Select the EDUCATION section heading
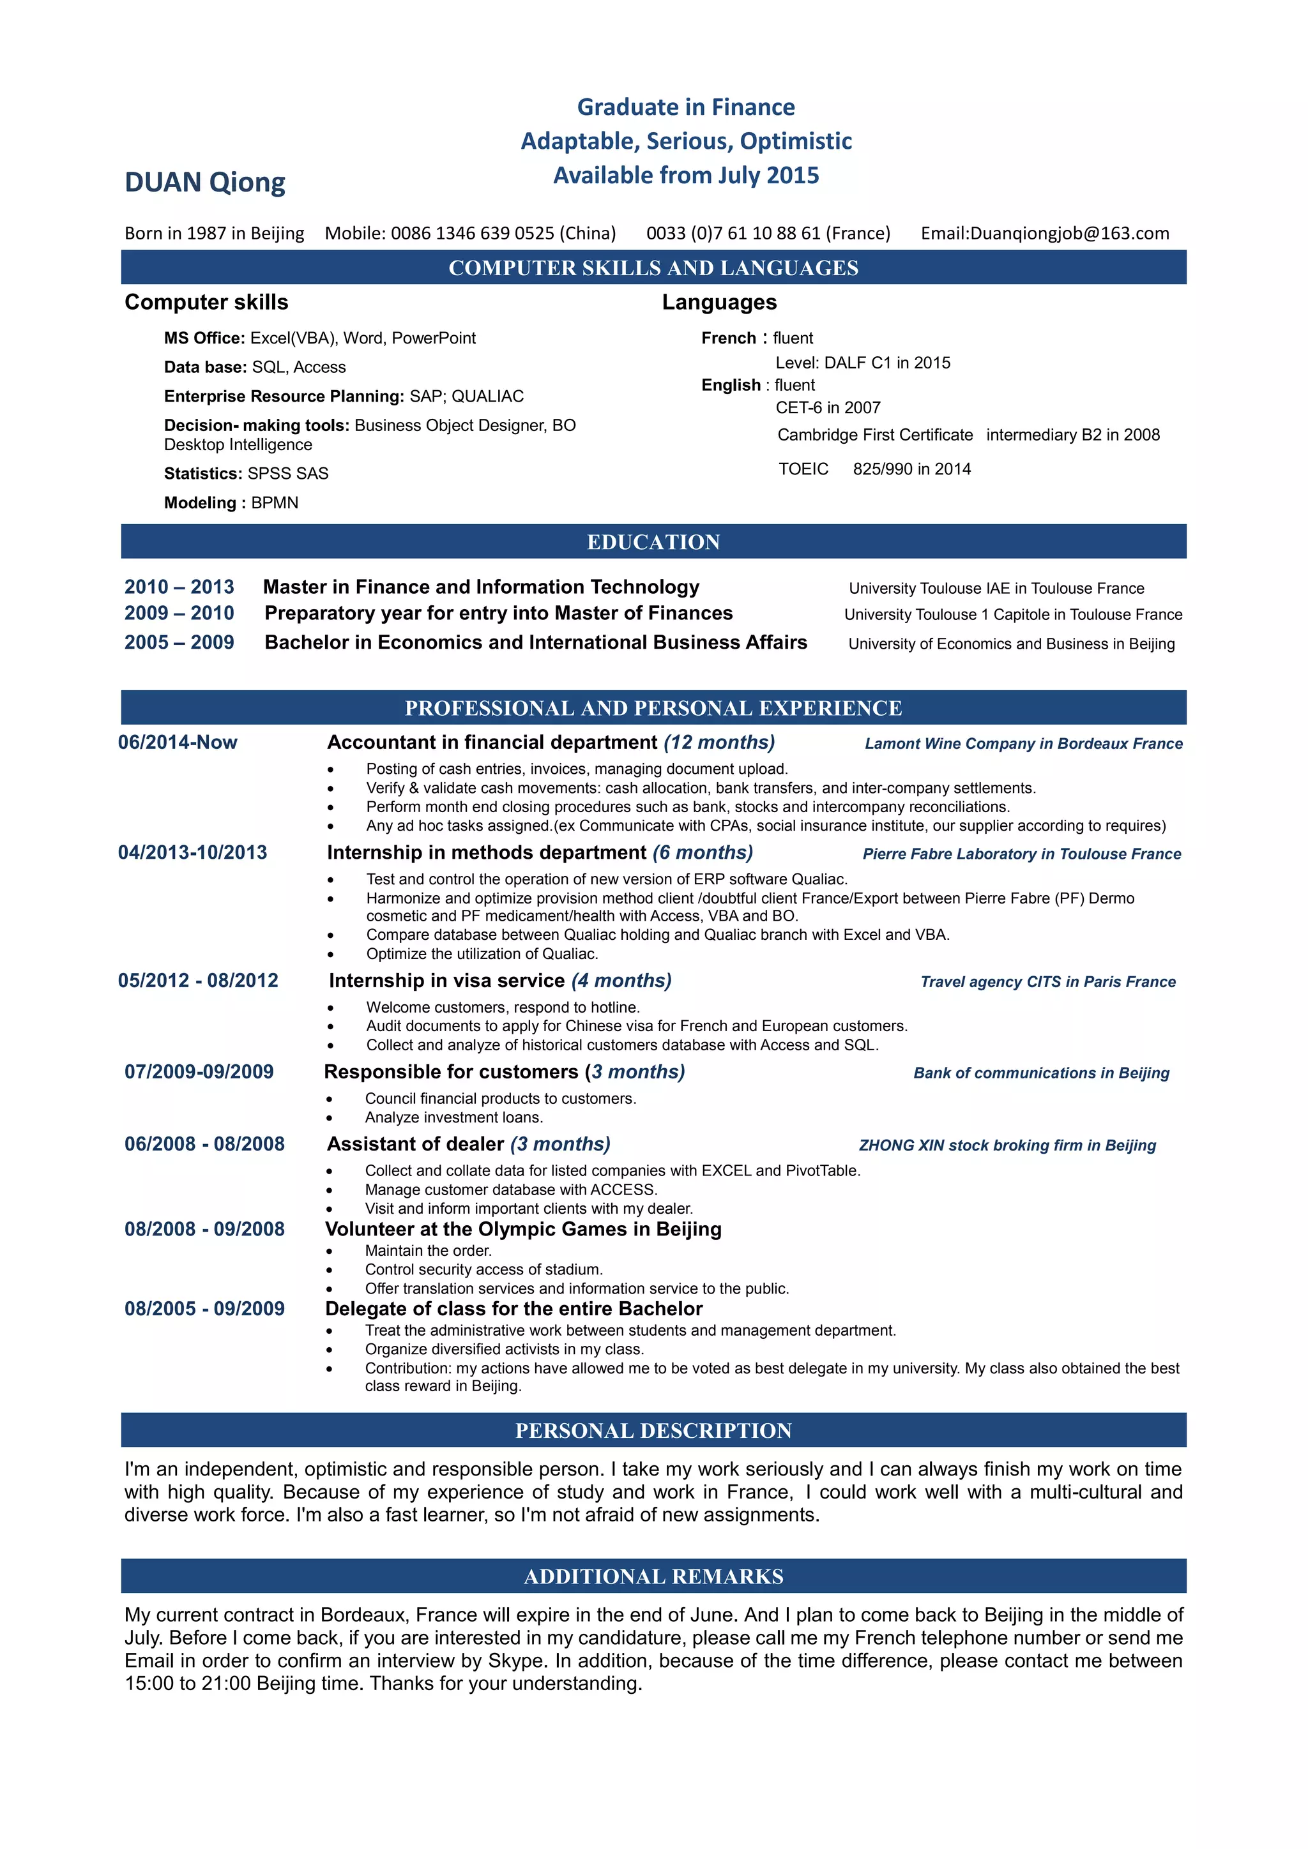[x=653, y=542]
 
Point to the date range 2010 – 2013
[x=179, y=587]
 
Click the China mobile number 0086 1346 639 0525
[x=472, y=234]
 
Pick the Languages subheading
[x=719, y=303]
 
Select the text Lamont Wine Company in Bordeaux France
[x=1023, y=744]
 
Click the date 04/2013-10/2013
[x=192, y=853]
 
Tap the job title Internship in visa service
[x=446, y=981]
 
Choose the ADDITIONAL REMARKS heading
[x=653, y=1577]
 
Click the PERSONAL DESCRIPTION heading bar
[x=653, y=1431]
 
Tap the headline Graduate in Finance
[x=685, y=107]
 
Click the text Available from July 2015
[x=685, y=176]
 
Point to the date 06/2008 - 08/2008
[x=204, y=1144]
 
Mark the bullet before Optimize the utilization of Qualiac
[x=330, y=955]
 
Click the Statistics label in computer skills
[x=203, y=474]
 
